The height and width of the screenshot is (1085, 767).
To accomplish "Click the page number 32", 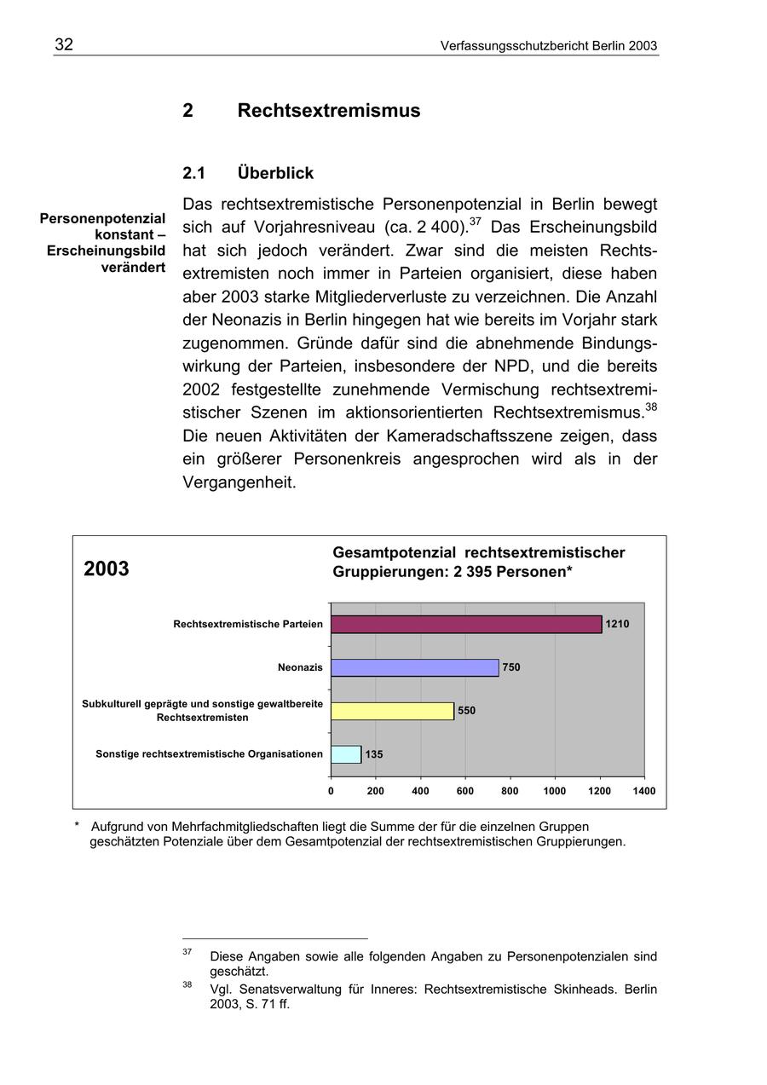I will coord(64,45).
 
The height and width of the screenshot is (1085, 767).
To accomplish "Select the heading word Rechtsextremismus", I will coord(328,111).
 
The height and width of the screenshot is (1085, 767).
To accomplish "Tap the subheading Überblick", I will coord(275,173).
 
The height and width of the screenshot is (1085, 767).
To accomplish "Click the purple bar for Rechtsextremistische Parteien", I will coord(466,624).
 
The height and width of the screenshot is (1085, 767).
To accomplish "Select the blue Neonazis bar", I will coord(414,667).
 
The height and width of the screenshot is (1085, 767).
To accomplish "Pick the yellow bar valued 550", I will coord(392,711).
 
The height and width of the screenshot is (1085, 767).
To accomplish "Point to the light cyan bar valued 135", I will coord(346,754).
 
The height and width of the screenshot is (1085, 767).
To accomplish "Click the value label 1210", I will coord(617,624).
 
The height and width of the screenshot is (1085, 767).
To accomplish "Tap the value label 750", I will coord(511,667).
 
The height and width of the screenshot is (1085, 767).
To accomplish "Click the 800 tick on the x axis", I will coord(510,791).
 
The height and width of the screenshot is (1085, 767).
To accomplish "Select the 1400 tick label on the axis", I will coord(644,791).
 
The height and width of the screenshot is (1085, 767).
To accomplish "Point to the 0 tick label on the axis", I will coord(331,791).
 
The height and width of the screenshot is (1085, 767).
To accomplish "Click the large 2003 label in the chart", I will coord(107,568).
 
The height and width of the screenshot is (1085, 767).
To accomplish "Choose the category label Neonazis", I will coord(300,667).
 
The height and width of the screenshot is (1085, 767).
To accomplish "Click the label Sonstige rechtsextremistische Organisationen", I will coord(209,754).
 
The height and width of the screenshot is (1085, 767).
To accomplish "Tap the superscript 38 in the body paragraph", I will coord(651,407).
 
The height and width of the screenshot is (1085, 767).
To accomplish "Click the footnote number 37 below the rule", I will coord(187,951).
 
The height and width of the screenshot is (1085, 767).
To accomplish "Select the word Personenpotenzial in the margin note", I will coord(102,219).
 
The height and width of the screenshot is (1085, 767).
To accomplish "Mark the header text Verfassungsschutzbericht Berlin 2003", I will coord(549,46).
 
